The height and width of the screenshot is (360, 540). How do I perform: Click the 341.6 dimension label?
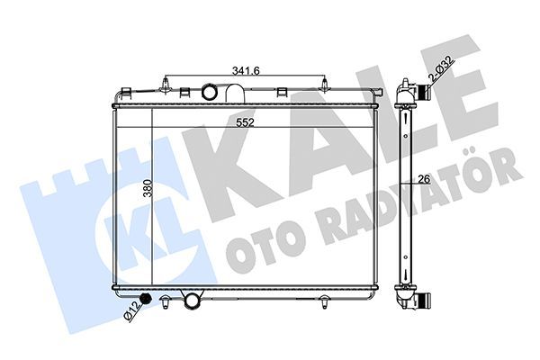[x=246, y=70]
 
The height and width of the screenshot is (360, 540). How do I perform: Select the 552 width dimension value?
[x=245, y=122]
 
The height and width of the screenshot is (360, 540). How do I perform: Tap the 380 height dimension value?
[x=148, y=188]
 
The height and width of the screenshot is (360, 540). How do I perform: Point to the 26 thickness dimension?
[x=424, y=179]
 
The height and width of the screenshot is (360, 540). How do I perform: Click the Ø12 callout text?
[x=132, y=311]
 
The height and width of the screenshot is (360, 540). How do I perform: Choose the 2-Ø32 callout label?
[x=442, y=68]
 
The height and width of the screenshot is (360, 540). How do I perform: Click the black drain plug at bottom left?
[x=147, y=299]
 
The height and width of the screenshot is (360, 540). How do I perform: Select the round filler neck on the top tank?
[x=209, y=92]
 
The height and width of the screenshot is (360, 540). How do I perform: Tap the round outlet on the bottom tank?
[x=192, y=300]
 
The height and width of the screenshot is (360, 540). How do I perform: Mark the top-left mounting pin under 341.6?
[x=166, y=85]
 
